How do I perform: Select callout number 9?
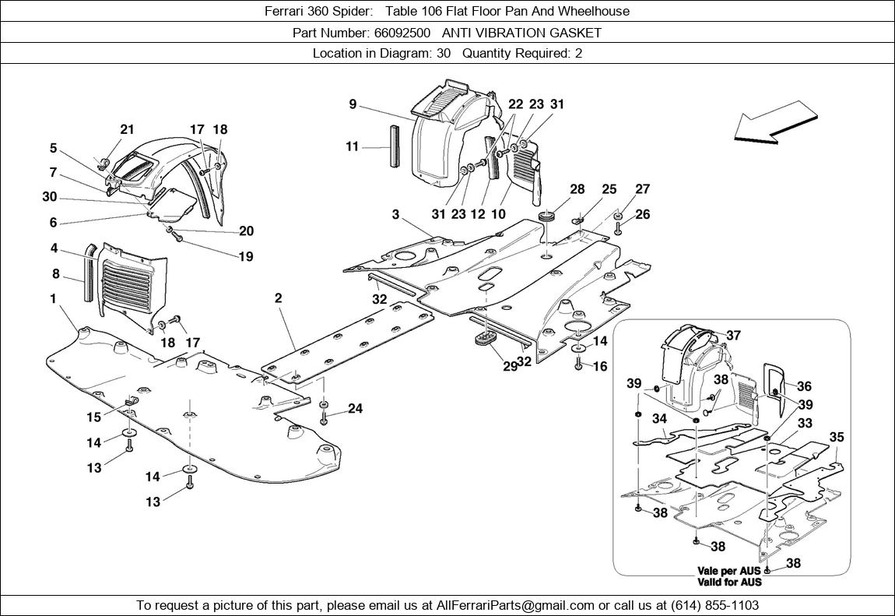tap(353, 104)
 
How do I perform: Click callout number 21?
tap(127, 130)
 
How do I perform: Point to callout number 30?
tap(50, 197)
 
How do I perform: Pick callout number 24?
tap(355, 409)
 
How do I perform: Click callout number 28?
tap(577, 189)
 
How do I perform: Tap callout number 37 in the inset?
tap(733, 336)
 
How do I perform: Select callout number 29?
tap(510, 366)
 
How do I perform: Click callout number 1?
tap(53, 298)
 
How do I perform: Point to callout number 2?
tap(278, 297)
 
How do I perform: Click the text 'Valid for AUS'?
tap(729, 582)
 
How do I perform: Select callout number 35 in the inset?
tap(837, 437)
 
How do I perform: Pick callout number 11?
tap(353, 146)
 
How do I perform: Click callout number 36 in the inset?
tap(804, 385)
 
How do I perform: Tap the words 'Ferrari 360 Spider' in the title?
tap(313, 11)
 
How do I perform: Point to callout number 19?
tap(246, 257)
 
